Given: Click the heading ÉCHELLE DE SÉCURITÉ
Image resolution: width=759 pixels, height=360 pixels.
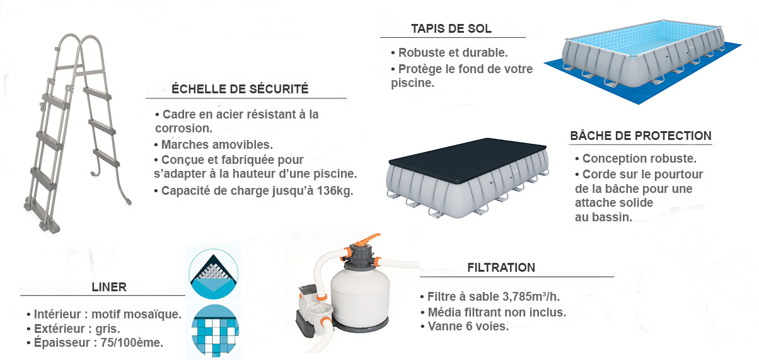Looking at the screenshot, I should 240,89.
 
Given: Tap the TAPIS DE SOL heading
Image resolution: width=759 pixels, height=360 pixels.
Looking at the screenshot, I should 451,28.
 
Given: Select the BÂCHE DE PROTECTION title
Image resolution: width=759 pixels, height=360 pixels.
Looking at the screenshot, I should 640,136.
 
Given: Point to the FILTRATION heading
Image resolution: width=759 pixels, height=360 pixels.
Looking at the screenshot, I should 501,267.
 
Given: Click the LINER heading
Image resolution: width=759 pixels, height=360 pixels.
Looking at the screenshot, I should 110,287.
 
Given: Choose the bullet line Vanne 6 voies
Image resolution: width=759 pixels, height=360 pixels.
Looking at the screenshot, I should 464,327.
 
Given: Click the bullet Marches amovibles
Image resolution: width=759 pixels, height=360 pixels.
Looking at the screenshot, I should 213,144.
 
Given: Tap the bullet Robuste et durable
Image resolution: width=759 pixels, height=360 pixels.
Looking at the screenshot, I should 449,53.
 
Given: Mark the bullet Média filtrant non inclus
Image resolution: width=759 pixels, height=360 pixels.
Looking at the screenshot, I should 493,312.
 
